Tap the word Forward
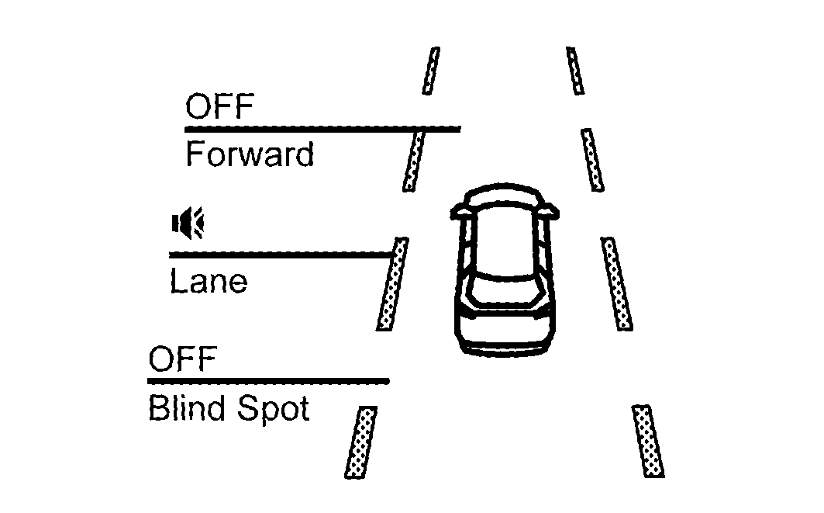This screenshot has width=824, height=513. pyautogui.click(x=250, y=155)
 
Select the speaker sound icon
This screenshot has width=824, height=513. pyautogui.click(x=187, y=224)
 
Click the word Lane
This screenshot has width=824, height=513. pyautogui.click(x=208, y=281)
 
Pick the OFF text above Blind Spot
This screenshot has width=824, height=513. pyautogui.click(x=182, y=360)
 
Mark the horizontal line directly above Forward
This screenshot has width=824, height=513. pyautogui.click(x=322, y=128)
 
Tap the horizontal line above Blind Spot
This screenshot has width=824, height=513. pyautogui.click(x=268, y=381)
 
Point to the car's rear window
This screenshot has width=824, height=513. pyautogui.click(x=505, y=289)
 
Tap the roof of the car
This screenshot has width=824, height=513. pyautogui.click(x=505, y=241)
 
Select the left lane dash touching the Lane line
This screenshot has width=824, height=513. pyautogui.click(x=392, y=284)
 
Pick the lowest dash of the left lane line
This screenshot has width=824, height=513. pyautogui.click(x=361, y=442)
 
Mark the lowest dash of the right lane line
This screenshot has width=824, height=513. pyautogui.click(x=648, y=441)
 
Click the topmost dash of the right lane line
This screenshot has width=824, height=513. pyautogui.click(x=575, y=71)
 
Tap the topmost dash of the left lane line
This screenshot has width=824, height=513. pyautogui.click(x=431, y=71)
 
